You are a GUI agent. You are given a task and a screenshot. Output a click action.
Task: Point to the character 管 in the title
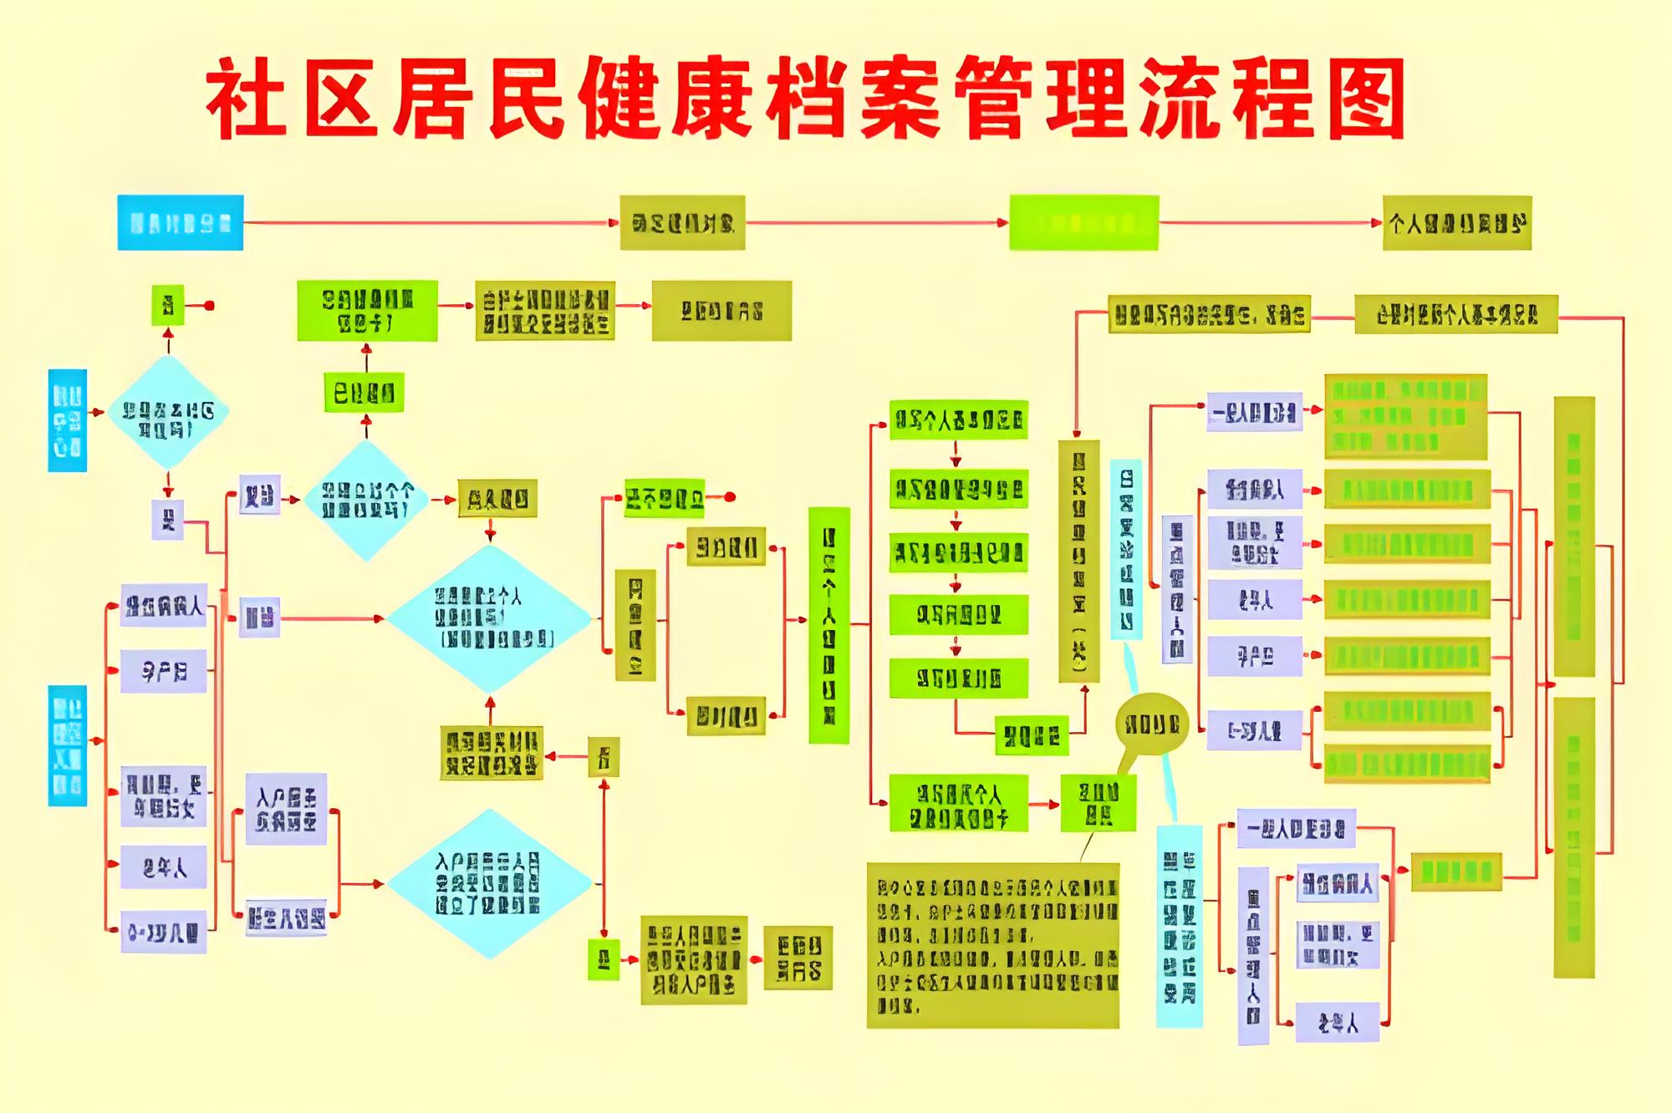[x=994, y=100]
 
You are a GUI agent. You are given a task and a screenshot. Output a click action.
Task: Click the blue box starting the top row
[x=180, y=222]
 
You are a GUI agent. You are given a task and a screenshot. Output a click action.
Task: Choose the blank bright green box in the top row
[x=1083, y=222]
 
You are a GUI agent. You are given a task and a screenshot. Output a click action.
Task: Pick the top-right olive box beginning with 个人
[x=1456, y=222]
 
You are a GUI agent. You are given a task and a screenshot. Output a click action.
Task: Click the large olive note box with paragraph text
[x=992, y=945]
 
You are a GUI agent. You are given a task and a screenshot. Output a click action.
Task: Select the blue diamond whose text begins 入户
[x=490, y=883]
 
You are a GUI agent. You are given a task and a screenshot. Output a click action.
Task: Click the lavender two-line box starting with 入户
[x=286, y=809]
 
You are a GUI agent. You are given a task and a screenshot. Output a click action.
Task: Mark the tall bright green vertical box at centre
[x=828, y=624]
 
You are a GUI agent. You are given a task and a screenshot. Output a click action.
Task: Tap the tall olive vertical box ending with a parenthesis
[x=1078, y=561]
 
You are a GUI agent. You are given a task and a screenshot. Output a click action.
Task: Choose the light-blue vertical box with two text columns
[x=1179, y=926]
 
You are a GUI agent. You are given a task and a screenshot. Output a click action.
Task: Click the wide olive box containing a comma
[x=1209, y=314]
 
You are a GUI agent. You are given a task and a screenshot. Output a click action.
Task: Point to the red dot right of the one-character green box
[x=209, y=306]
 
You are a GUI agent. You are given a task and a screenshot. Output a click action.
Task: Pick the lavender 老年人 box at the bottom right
[x=1337, y=1022]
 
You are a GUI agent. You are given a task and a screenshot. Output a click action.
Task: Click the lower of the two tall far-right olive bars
[x=1573, y=837]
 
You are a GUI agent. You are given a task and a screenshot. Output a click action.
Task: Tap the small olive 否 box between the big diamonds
[x=604, y=757]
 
